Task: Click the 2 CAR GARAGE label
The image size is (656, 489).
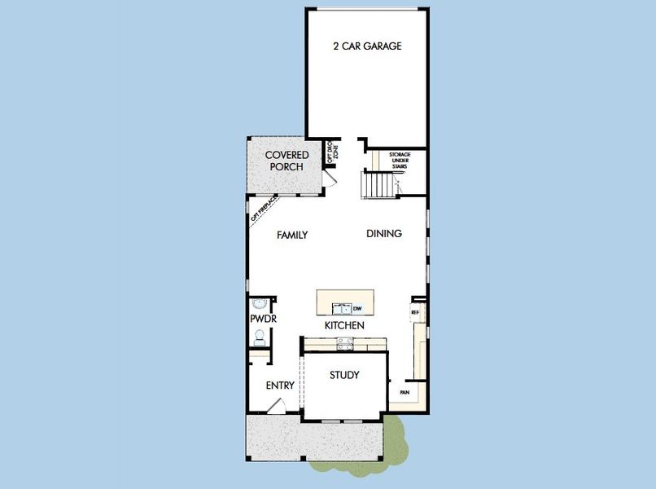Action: click(x=367, y=46)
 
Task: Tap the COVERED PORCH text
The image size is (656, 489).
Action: click(x=286, y=161)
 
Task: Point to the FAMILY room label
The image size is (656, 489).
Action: click(x=292, y=235)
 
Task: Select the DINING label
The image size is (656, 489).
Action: click(x=384, y=234)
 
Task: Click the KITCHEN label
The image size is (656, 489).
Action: click(x=344, y=326)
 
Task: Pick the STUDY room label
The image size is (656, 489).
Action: click(x=344, y=376)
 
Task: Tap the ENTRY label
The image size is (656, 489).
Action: click(x=280, y=385)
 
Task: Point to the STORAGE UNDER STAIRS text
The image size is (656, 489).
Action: click(x=400, y=160)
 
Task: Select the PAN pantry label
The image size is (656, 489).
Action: click(x=404, y=392)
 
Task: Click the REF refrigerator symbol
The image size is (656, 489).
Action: click(x=415, y=312)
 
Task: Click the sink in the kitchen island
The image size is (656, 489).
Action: click(x=340, y=308)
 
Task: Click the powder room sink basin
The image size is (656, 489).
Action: click(x=260, y=302)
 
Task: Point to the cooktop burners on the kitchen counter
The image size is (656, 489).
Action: click(x=342, y=346)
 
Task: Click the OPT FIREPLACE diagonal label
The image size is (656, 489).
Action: click(x=265, y=208)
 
